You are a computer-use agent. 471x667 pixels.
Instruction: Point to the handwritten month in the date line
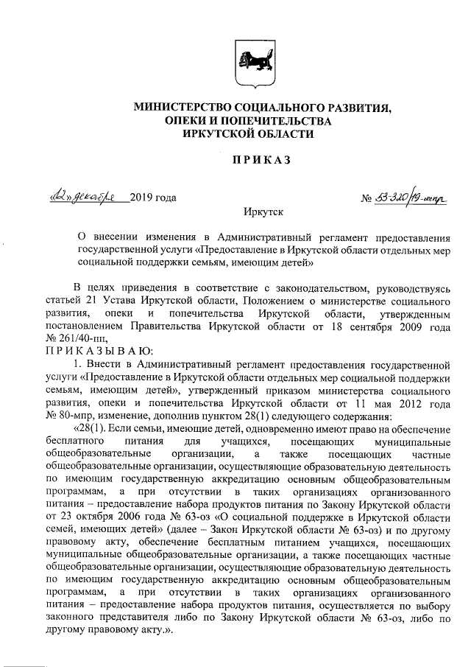pyautogui.click(x=98, y=197)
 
